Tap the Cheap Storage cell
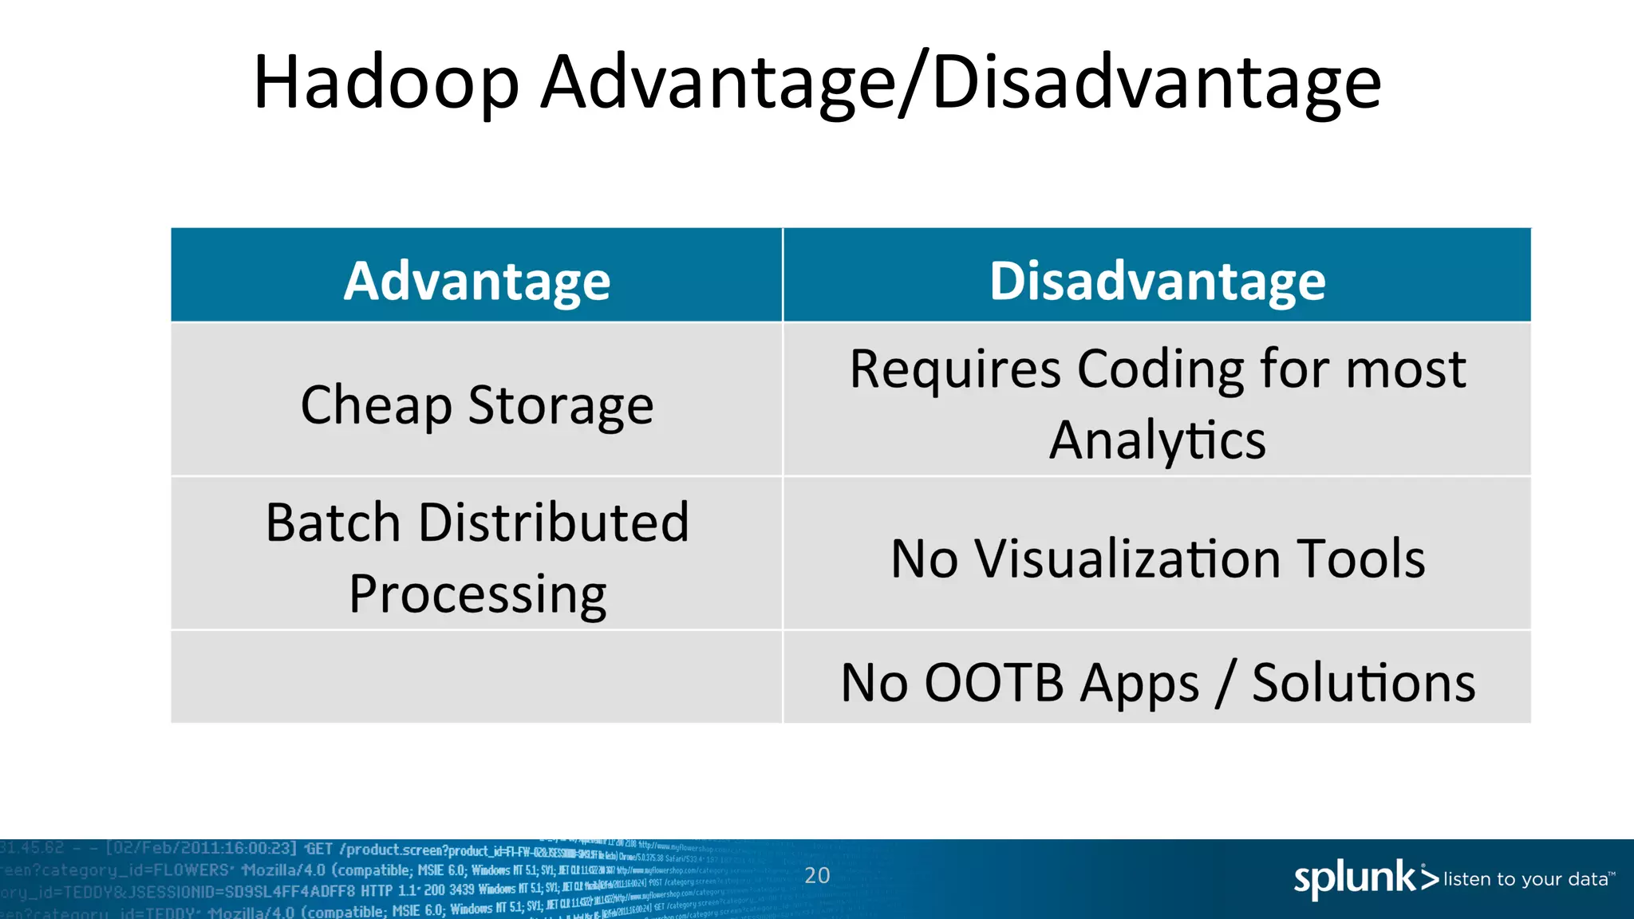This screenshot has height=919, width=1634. [x=477, y=405]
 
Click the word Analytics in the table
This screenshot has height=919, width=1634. [x=1157, y=440]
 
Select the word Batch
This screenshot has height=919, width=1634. [x=333, y=523]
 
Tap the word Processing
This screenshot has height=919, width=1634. [x=477, y=594]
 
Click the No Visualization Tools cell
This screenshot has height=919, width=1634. [x=1157, y=558]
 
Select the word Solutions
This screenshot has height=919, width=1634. [x=1364, y=683]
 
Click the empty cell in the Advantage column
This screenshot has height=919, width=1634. [x=477, y=677]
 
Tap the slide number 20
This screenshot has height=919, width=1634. [x=817, y=875]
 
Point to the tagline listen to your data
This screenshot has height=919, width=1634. [x=1527, y=879]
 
